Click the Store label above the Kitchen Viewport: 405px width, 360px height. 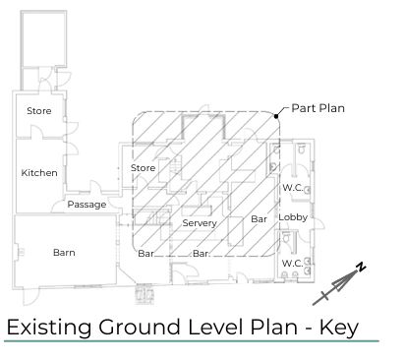(x=39, y=110)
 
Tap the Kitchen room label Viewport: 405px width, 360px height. (x=39, y=173)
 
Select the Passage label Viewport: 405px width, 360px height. (x=87, y=205)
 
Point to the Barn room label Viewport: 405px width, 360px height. (x=63, y=253)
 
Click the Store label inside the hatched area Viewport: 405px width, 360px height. (x=144, y=168)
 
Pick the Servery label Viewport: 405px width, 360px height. (x=200, y=223)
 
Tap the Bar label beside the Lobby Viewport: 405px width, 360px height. (x=260, y=218)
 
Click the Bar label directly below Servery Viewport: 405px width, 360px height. (x=201, y=254)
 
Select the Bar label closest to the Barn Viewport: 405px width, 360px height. (x=145, y=254)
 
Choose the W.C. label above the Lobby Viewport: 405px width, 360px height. (x=293, y=187)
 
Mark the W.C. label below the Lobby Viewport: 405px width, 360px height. (x=293, y=264)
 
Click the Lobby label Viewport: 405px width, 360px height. (x=293, y=217)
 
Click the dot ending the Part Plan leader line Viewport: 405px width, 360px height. (x=278, y=116)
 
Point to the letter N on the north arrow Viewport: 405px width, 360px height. (x=361, y=268)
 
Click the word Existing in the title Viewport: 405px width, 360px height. (x=48, y=327)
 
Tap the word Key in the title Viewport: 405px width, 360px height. (x=336, y=327)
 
